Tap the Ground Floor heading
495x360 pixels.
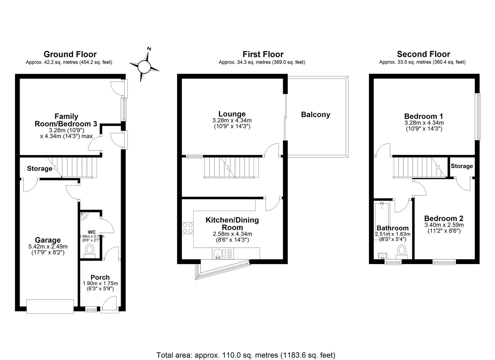click(70, 54)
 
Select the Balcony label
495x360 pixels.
click(315, 115)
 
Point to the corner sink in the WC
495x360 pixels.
click(83, 216)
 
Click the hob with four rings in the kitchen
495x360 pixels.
click(188, 228)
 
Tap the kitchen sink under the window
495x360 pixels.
click(219, 254)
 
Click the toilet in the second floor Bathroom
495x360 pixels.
click(402, 251)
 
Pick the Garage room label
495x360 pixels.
click(48, 240)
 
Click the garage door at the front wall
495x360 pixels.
click(50, 306)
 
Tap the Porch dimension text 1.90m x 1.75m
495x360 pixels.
click(100, 283)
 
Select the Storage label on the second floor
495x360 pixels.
click(462, 166)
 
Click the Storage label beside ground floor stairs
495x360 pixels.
click(40, 169)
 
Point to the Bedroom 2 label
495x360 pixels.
click(443, 219)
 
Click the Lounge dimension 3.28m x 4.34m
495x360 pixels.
click(232, 120)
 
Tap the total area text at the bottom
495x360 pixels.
click(246, 355)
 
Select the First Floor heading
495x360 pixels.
click(263, 54)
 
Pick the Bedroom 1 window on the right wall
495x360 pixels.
click(478, 116)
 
